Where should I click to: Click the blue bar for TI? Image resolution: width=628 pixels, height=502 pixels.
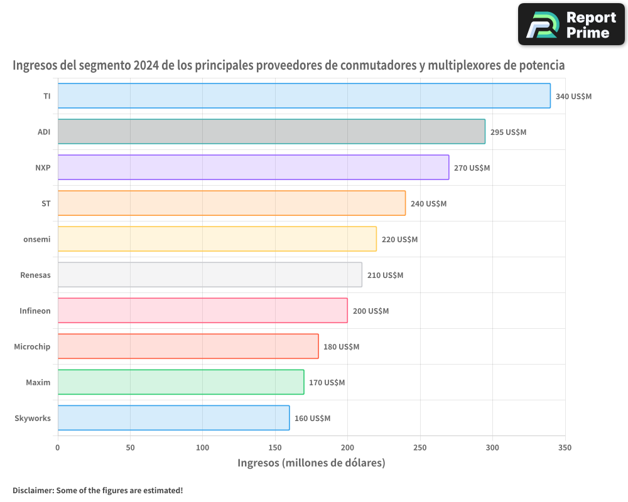tap(304, 96)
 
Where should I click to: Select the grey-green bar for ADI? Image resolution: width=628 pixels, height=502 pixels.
tap(271, 132)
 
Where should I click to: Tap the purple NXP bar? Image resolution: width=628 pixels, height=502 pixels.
tap(253, 168)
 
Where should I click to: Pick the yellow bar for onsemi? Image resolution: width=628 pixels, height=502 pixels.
tap(217, 239)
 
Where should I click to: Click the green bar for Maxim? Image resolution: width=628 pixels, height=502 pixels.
tap(181, 382)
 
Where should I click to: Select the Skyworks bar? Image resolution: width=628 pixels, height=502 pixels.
tap(173, 418)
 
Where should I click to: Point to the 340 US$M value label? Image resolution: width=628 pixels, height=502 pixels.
tap(573, 97)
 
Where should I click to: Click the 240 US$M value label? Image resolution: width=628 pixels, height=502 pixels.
tap(428, 204)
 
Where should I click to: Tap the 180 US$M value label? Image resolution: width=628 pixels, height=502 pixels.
tap(341, 347)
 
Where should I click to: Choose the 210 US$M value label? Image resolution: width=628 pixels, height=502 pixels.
tap(385, 275)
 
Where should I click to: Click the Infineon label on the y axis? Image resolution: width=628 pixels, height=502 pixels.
tap(35, 311)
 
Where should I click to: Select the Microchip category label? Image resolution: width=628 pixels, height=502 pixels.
tap(32, 347)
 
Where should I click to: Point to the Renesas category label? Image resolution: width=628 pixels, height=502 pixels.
tap(35, 275)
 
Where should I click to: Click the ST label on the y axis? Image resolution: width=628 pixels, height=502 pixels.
tap(46, 204)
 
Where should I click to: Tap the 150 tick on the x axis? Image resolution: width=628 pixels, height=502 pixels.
tap(275, 448)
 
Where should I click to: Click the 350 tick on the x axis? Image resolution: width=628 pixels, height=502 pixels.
tap(565, 448)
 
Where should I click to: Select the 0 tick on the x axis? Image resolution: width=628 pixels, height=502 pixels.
tap(58, 448)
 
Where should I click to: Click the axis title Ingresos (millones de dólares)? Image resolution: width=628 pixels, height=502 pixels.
tap(311, 463)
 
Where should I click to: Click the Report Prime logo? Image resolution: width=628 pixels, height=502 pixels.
tap(571, 24)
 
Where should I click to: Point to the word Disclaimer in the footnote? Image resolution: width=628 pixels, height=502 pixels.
tap(32, 490)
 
